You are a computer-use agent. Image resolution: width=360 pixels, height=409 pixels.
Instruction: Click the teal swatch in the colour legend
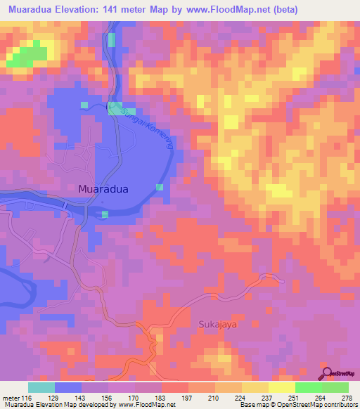[41, 387]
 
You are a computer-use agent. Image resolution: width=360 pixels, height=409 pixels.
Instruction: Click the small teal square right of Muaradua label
[160, 187]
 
